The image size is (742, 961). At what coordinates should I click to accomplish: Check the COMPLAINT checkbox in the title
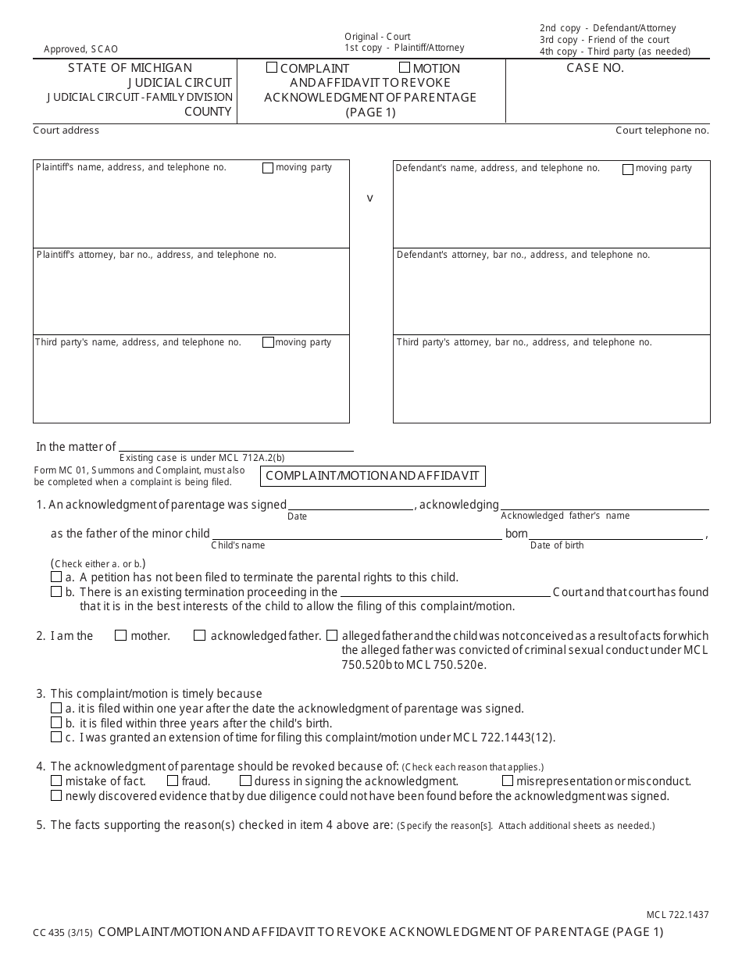pos(272,68)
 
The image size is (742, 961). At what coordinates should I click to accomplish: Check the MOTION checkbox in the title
pos(405,68)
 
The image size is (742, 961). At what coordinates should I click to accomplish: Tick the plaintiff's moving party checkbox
pos(268,168)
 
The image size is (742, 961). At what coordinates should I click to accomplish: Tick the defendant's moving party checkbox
pos(628,169)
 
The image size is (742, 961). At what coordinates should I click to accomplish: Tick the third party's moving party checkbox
pos(268,342)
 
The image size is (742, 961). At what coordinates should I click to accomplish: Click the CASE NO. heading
pos(595,68)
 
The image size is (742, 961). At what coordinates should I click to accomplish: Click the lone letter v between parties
pos(370,198)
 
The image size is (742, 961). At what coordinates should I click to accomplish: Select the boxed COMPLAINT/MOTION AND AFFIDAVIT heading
pos(373,475)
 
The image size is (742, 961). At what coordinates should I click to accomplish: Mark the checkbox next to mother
pos(120,636)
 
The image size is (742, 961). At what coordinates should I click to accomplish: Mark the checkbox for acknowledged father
pos(200,636)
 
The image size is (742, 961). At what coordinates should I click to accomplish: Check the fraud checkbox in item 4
pos(173,781)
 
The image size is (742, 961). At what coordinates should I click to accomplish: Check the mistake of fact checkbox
pos(56,781)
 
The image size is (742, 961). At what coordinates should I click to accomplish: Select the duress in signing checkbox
pos(245,781)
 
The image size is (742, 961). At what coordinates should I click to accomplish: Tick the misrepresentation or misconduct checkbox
pos(508,781)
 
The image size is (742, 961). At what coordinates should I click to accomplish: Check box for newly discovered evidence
pos(56,795)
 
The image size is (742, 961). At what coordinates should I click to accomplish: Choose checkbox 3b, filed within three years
pos(56,723)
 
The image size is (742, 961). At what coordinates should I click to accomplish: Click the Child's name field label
pos(237,545)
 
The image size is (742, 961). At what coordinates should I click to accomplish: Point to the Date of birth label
pos(557,545)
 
